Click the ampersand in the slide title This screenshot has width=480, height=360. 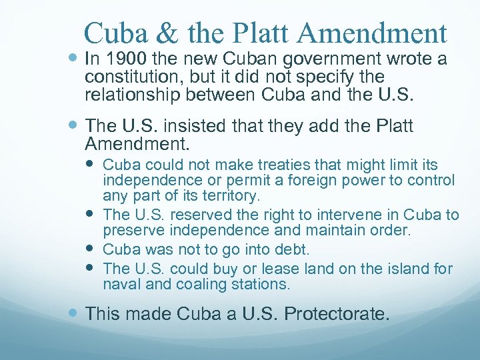pos(156,33)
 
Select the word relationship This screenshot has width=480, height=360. pos(130,95)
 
